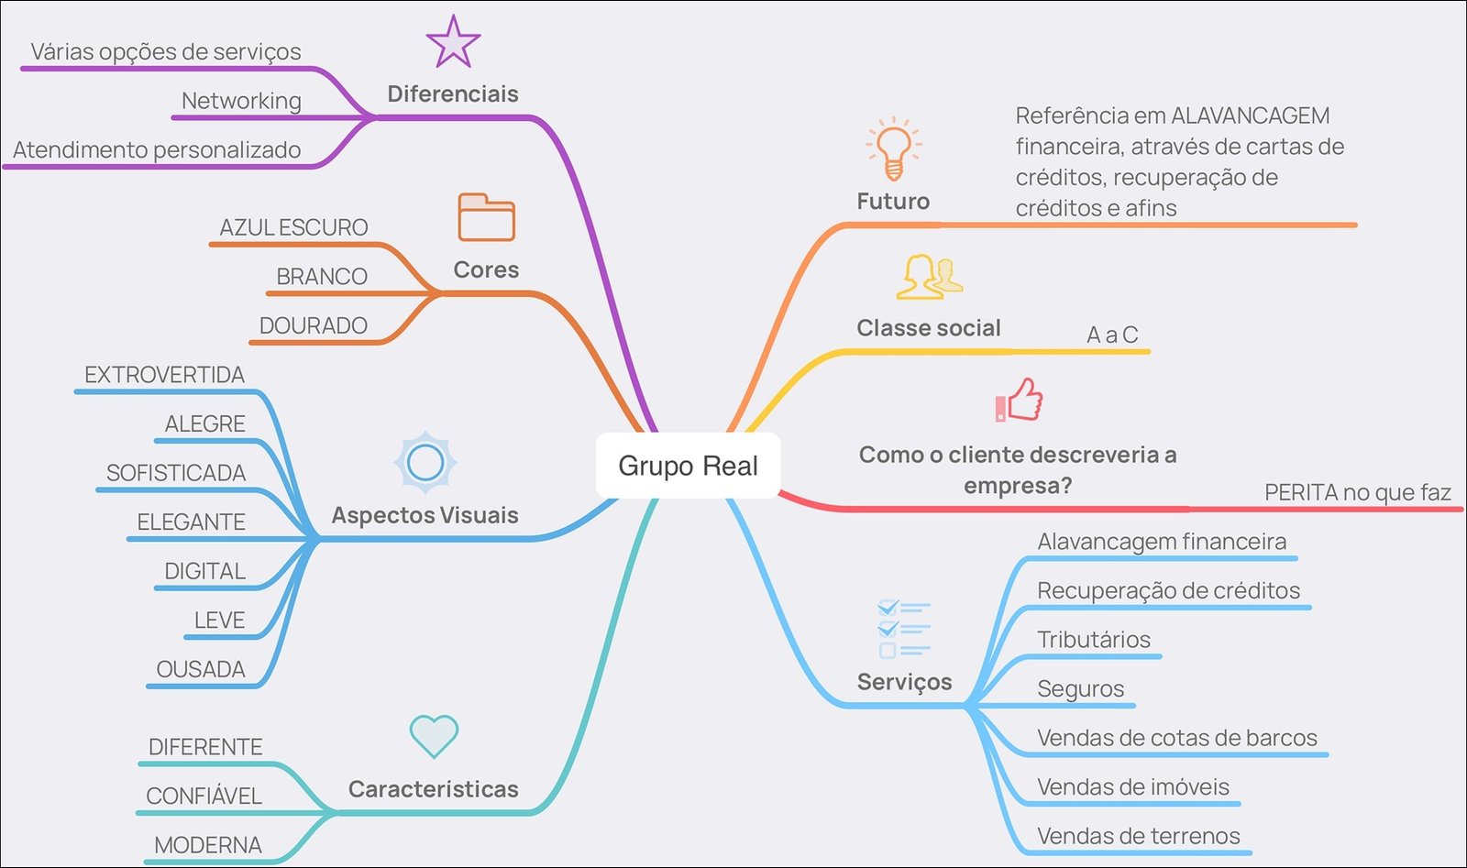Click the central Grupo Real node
[x=688, y=466]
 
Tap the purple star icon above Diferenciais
[x=453, y=42]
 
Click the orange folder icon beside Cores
[x=486, y=217]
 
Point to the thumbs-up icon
[x=1020, y=401]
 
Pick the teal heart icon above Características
[x=434, y=736]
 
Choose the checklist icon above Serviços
[x=903, y=629]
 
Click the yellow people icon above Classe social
[x=930, y=277]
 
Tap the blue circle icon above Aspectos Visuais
[x=425, y=463]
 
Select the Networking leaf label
[x=241, y=101]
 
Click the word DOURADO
[x=313, y=325]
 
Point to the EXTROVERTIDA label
[x=164, y=375]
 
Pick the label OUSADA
[x=201, y=669]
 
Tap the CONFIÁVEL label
[x=204, y=796]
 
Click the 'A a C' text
[x=1112, y=335]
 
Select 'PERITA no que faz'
[x=1357, y=492]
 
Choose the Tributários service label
[x=1093, y=640]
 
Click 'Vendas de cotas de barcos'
[x=1176, y=738]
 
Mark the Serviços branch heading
[x=904, y=682]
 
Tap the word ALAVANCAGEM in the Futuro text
[x=1251, y=115]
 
